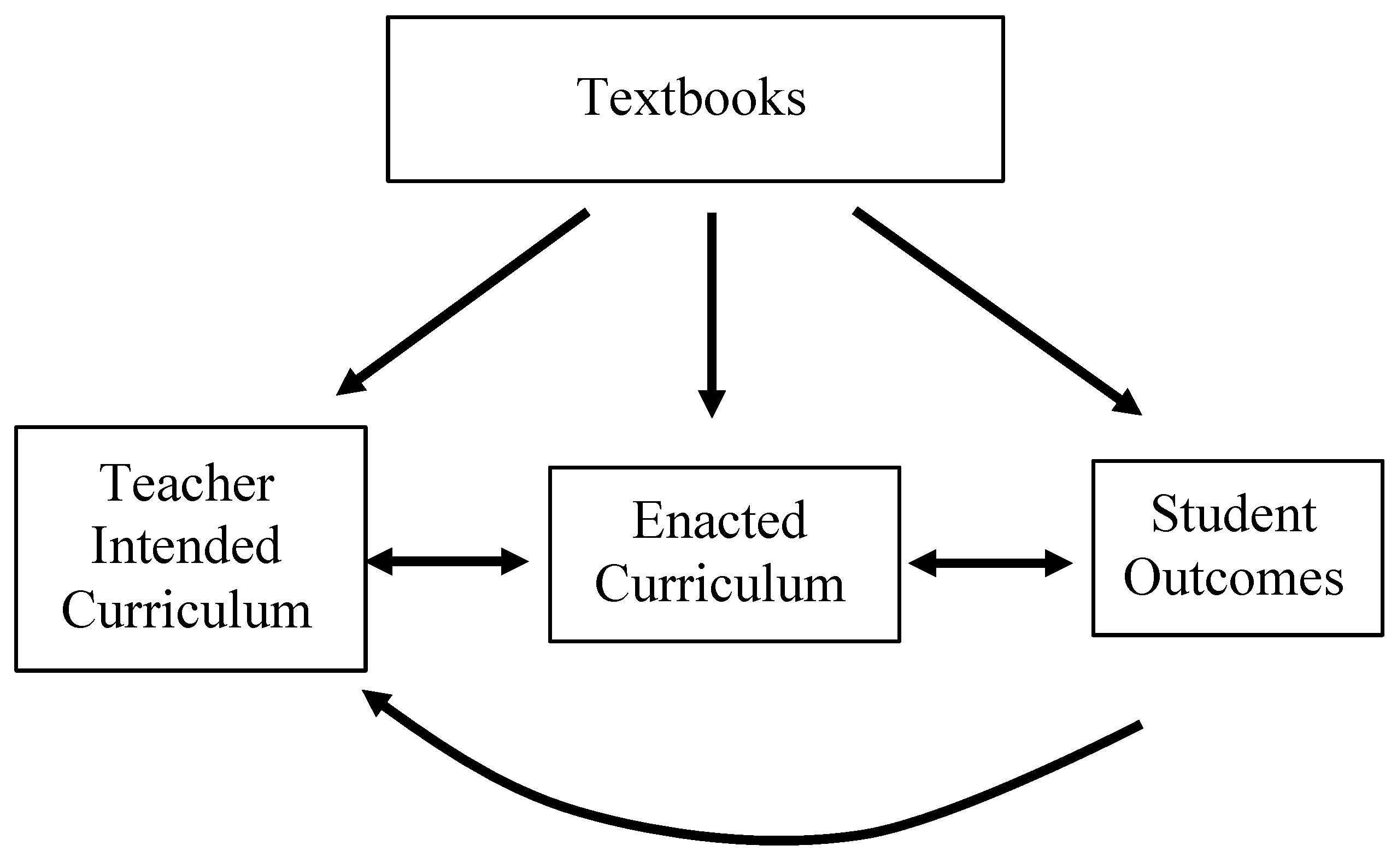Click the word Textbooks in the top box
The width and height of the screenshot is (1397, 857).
pyautogui.click(x=691, y=98)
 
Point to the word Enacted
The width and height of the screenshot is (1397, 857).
pyautogui.click(x=719, y=520)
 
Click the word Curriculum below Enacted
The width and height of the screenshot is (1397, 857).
pyautogui.click(x=719, y=584)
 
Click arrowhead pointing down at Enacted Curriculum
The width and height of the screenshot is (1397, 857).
pyautogui.click(x=712, y=403)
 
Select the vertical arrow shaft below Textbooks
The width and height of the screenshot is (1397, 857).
pyautogui.click(x=712, y=301)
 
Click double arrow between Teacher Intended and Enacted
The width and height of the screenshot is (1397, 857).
pyautogui.click(x=447, y=562)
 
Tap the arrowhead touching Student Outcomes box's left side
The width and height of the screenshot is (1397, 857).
pyautogui.click(x=1059, y=563)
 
